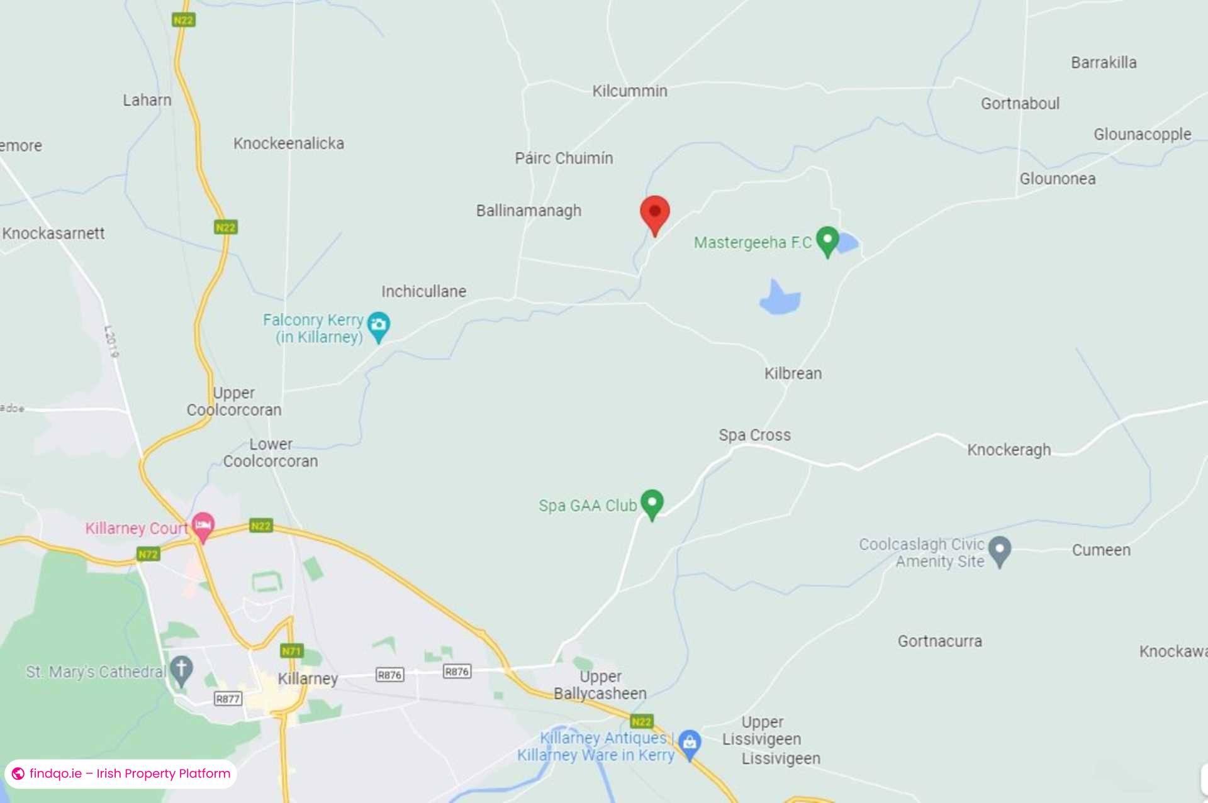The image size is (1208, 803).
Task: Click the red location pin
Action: tap(654, 214)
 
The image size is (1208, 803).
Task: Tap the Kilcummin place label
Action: tap(629, 91)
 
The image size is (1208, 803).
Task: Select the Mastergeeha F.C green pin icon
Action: tap(827, 240)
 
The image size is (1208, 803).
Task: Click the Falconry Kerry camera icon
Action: tap(378, 326)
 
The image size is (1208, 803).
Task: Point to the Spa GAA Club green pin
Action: tap(652, 504)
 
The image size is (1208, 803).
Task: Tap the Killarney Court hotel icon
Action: tap(203, 525)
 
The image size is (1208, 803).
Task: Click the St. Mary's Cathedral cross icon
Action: tap(182, 670)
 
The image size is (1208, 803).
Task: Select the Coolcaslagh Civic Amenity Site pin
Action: tap(1000, 551)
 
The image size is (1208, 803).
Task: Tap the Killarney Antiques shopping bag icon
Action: tap(690, 743)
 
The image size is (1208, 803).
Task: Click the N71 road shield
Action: tap(292, 651)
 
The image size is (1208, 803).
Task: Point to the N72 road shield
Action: tap(148, 554)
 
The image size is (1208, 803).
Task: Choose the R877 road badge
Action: tap(228, 699)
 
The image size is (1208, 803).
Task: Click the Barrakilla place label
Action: tap(1104, 63)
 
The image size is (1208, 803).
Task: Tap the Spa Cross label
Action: tap(754, 435)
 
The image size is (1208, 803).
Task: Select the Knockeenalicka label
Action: tap(289, 143)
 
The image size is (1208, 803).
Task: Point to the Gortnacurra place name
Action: tap(939, 641)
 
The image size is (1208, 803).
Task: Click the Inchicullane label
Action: tap(423, 292)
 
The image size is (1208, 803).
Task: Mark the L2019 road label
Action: tap(111, 341)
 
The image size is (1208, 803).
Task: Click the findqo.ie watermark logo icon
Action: tap(18, 773)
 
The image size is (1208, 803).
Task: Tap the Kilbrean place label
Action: tap(793, 374)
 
